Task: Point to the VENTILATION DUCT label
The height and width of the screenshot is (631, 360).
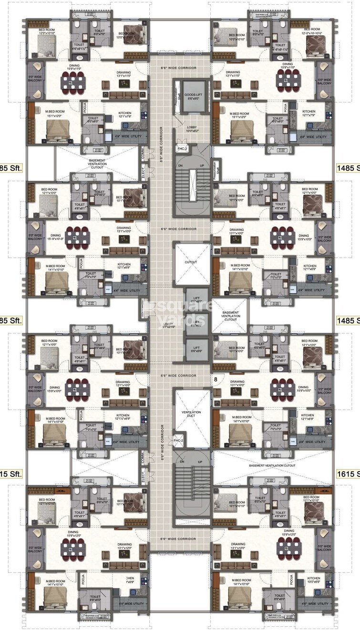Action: click(191, 414)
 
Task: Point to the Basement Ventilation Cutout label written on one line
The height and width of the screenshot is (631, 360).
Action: click(272, 465)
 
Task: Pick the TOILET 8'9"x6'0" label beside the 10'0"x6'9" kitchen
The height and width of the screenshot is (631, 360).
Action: click(280, 598)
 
